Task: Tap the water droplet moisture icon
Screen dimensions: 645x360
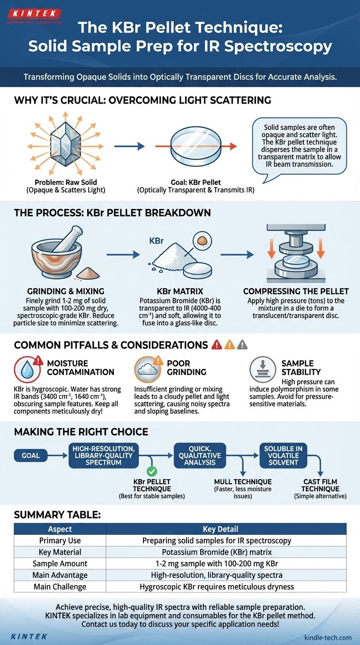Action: [26, 369]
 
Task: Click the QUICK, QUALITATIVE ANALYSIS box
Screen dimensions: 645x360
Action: [208, 455]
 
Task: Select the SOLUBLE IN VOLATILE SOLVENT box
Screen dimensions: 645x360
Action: [283, 455]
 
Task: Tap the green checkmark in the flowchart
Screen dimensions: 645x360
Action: [152, 472]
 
